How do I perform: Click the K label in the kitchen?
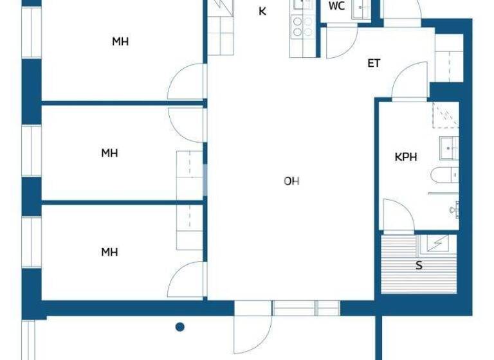(x=262, y=11)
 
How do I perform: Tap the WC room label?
(x=336, y=6)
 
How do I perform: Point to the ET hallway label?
(x=374, y=63)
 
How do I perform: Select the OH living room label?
(x=291, y=181)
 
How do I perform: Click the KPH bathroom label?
(x=406, y=156)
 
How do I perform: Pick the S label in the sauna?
(x=419, y=265)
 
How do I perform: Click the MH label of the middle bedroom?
(x=109, y=153)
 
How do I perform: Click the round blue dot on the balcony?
(x=181, y=327)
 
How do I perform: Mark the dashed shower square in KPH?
(x=445, y=116)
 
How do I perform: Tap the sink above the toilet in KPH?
(x=449, y=147)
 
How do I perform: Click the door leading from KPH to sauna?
(x=398, y=216)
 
